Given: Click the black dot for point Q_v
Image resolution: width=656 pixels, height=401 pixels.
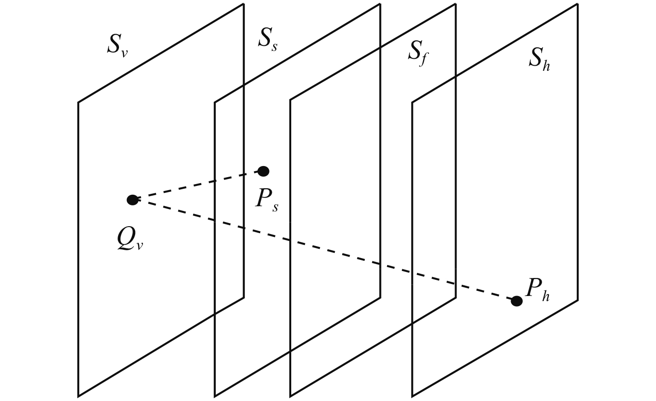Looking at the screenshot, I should pyautogui.click(x=132, y=200).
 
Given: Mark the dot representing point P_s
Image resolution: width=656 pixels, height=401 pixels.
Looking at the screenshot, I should pyautogui.click(x=263, y=171).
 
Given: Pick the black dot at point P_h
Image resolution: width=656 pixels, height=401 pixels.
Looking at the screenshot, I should pyautogui.click(x=517, y=301).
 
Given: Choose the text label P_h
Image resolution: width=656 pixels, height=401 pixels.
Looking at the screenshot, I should pyautogui.click(x=537, y=290).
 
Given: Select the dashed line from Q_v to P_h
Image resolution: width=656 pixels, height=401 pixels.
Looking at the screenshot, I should pyautogui.click(x=324, y=250).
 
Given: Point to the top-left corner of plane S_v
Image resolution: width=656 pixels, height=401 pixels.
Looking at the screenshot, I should pyautogui.click(x=78, y=102).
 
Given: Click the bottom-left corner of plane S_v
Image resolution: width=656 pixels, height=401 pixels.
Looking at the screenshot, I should pyautogui.click(x=78, y=396).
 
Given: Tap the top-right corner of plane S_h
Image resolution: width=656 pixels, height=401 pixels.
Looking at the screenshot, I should pyautogui.click(x=577, y=4).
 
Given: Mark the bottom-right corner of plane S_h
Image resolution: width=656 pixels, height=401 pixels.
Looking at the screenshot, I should pyautogui.click(x=577, y=300).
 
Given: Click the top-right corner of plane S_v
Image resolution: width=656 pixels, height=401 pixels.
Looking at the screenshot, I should pyautogui.click(x=244, y=4).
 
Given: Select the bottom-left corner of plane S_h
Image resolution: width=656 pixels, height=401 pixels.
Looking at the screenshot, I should pyautogui.click(x=412, y=396).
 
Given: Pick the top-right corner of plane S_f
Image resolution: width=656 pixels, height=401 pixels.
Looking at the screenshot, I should pyautogui.click(x=456, y=4).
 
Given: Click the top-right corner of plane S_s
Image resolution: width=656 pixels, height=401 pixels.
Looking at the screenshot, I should pyautogui.click(x=380, y=4).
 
